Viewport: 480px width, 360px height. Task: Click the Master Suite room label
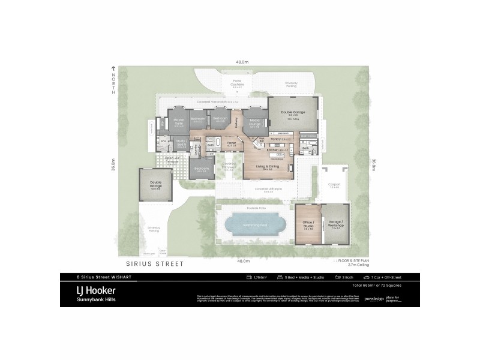[179, 121]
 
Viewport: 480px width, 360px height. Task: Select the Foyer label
[231, 143]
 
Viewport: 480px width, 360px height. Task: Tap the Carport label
[334, 185]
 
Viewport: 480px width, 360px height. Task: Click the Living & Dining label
[268, 167]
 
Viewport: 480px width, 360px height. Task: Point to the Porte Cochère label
[237, 85]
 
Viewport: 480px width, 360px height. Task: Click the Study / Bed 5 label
[182, 143]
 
